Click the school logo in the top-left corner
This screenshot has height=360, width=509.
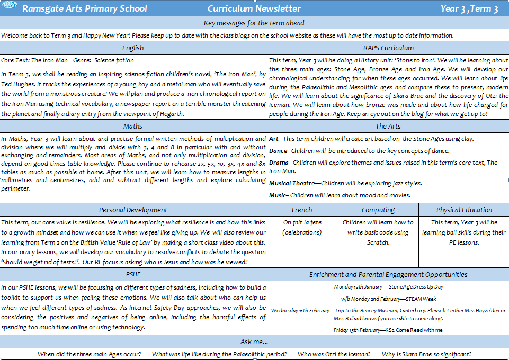(x=8, y=8)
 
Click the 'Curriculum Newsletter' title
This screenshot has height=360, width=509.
(x=254, y=8)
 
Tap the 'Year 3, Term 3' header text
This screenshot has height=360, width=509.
(x=469, y=8)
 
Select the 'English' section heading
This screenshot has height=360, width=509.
(x=133, y=48)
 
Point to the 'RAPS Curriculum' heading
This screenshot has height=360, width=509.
(x=388, y=48)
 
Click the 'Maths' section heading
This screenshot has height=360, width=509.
(x=133, y=127)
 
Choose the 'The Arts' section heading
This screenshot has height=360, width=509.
(x=388, y=127)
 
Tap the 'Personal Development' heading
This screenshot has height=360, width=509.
(x=133, y=210)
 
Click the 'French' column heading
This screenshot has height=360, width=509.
(x=302, y=210)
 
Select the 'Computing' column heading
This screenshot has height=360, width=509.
(x=378, y=210)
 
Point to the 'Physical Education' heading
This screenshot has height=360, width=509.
(x=464, y=210)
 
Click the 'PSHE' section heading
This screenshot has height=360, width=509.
(x=133, y=275)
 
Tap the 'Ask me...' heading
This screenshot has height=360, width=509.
(x=254, y=341)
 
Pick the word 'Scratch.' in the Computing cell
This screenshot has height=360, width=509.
(x=378, y=242)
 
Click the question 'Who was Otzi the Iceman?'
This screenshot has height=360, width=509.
(x=334, y=354)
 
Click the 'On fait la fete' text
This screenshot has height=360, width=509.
(x=302, y=222)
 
